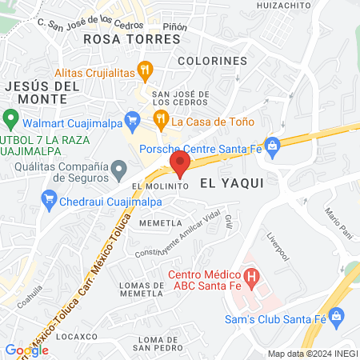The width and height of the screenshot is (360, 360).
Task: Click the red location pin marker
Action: pos(179,165)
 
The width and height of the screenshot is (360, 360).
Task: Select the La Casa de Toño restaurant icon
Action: pos(160,122)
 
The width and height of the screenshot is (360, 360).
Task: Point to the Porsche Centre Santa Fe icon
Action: pos(272,146)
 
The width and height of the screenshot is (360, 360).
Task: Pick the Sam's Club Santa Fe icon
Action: pos(336,316)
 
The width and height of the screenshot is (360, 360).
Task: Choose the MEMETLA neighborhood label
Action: pos(157,223)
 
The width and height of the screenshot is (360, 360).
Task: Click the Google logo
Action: pos(27,350)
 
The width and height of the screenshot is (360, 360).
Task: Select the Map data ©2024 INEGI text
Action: pos(312,354)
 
